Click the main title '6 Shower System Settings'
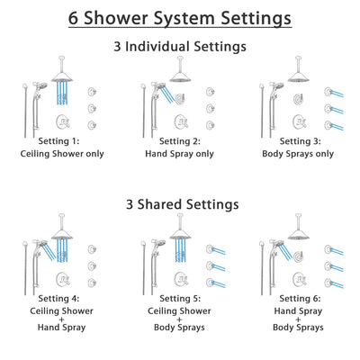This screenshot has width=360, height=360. tap(180, 17)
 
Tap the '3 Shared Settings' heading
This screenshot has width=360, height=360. tap(180, 204)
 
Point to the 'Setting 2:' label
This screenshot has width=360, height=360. tap(180, 141)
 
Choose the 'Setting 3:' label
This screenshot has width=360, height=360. tap(297, 141)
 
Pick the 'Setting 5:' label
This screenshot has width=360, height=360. tap(180, 298)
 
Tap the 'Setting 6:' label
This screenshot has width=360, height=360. tap(297, 298)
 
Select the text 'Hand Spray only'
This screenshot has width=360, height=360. tap(180, 154)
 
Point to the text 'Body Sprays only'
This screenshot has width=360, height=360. tap(297, 154)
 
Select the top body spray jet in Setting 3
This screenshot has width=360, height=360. tap(322, 91)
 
